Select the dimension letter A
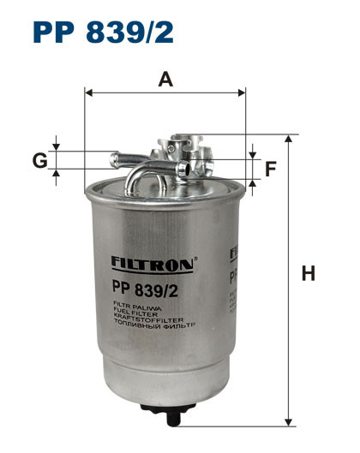pos(166,80)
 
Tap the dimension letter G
pos(39,160)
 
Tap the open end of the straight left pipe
pos(112,158)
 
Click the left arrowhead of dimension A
pos(87,91)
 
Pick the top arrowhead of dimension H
pos(289,137)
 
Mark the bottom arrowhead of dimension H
pos(289,423)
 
